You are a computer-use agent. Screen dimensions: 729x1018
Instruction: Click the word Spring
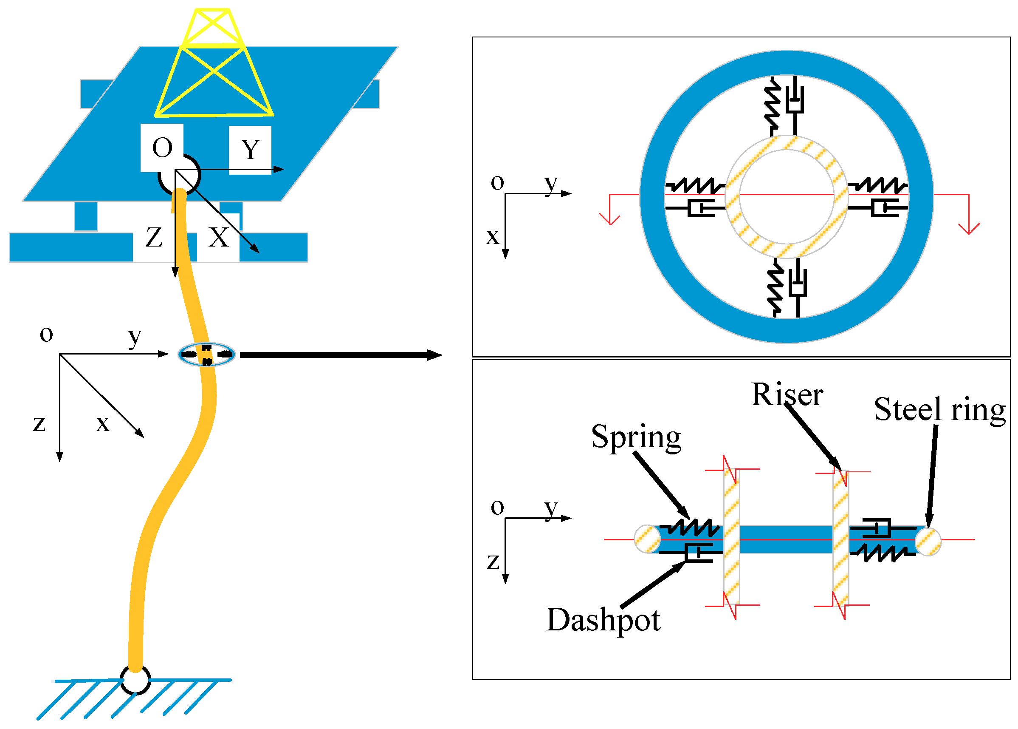tap(636, 437)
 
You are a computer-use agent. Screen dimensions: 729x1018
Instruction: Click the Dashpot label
tap(603, 620)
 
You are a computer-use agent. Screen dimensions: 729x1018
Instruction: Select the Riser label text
tap(787, 395)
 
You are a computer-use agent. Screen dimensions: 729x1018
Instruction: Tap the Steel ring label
tap(939, 410)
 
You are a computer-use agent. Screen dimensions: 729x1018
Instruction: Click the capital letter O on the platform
tap(162, 148)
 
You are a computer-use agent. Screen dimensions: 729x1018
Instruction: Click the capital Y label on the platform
tap(250, 150)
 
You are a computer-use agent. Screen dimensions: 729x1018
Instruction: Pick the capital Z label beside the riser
tap(154, 237)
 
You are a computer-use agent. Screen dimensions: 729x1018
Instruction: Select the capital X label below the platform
tap(218, 237)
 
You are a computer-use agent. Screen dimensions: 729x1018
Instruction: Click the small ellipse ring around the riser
tap(207, 355)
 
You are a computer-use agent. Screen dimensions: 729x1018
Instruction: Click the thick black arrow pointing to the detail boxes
tap(341, 355)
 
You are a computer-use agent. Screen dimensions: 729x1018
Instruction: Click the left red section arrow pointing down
tap(609, 218)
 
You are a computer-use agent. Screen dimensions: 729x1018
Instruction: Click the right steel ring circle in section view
tap(928, 542)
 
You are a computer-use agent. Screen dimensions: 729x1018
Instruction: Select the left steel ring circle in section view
tap(648, 539)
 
